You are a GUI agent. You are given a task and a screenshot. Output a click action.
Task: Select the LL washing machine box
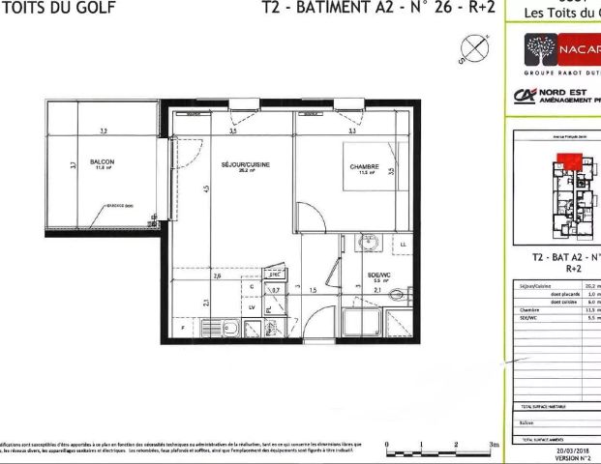(403, 245)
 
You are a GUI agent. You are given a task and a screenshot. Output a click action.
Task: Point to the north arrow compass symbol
(474, 46)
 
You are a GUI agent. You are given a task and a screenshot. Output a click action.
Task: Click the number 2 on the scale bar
(456, 441)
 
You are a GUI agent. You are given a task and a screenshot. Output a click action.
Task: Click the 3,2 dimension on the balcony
(104, 130)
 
